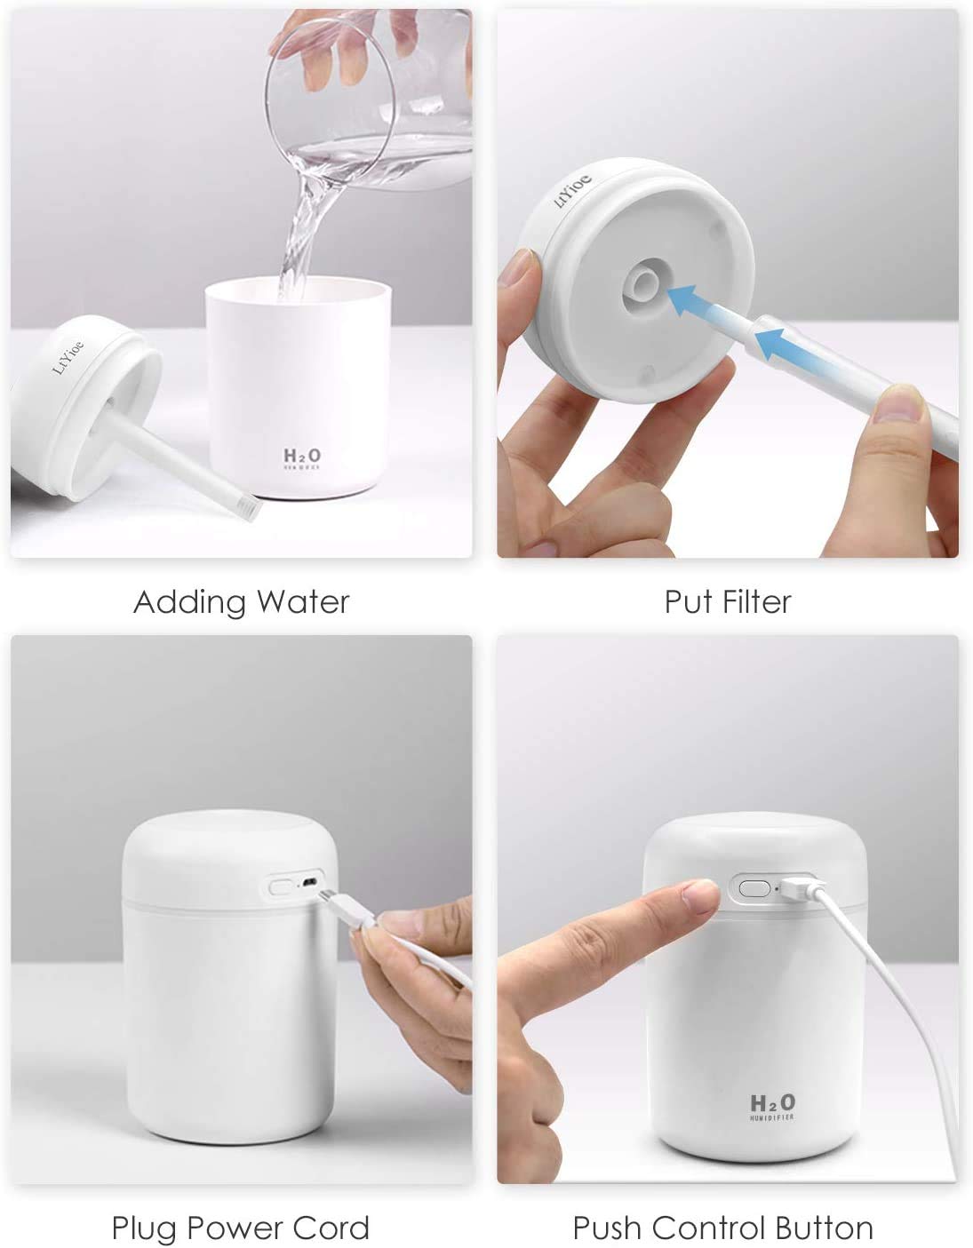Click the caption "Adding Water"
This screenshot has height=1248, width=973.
click(241, 602)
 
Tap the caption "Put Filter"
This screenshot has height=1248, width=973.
click(727, 602)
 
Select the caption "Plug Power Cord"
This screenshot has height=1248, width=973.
click(240, 1228)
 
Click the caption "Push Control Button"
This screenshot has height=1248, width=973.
click(722, 1228)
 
